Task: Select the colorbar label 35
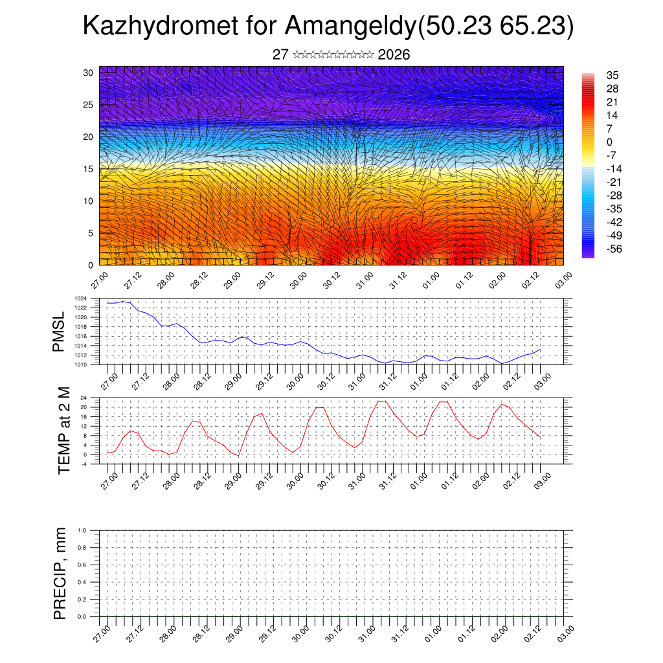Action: coord(612,75)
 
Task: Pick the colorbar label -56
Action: coord(612,249)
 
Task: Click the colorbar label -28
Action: coord(612,195)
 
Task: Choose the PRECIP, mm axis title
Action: coord(60,574)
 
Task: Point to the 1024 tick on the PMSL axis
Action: coord(98,298)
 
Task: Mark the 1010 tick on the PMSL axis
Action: coord(98,365)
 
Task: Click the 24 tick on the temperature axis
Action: coord(102,398)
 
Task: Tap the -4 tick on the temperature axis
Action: coord(102,464)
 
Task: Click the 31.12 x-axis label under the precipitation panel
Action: coord(397,635)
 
